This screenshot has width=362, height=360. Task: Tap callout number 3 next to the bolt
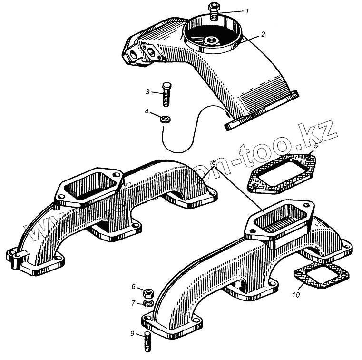(x=148, y=91)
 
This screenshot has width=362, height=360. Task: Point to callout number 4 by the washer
(x=148, y=112)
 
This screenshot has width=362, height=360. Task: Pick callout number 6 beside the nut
(x=134, y=287)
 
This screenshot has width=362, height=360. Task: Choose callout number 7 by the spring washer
(x=134, y=303)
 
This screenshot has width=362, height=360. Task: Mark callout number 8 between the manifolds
(x=215, y=162)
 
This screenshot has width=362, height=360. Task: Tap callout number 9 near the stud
(x=133, y=333)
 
